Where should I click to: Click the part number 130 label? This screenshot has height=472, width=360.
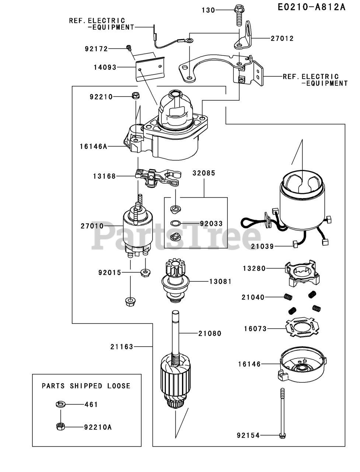tap(208, 10)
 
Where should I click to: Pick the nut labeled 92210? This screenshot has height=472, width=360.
tap(135, 96)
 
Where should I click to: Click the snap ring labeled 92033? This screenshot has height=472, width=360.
tap(175, 223)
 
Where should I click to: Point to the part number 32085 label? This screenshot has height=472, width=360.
tap(204, 173)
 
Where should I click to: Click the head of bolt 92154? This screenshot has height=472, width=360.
tap(282, 435)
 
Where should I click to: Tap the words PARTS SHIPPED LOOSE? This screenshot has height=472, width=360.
tap(86, 386)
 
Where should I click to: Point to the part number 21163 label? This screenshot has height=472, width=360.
tap(122, 347)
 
